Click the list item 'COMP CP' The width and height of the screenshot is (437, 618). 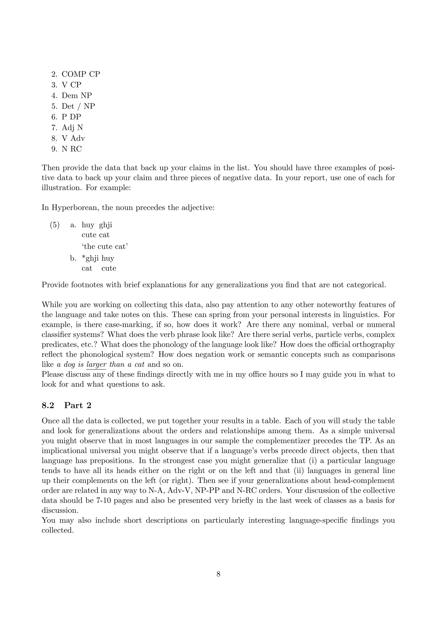(81, 74)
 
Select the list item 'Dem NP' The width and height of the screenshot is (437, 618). (77, 96)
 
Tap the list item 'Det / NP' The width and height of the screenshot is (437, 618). (78, 106)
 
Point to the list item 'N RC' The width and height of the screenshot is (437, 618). (71, 149)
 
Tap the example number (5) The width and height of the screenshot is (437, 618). (55, 225)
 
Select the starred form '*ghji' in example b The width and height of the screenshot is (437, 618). (90, 258)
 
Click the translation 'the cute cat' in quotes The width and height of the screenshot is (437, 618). (105, 246)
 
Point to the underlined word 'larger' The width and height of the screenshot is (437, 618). (96, 365)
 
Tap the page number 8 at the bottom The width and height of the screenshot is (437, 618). (218, 574)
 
